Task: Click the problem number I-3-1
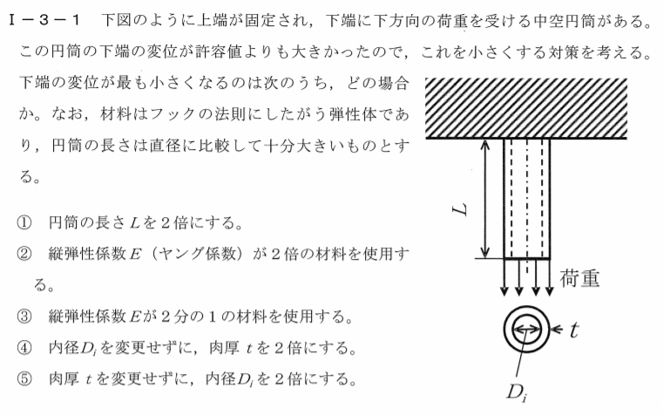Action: (44, 20)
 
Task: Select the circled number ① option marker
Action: (24, 222)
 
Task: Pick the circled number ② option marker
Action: (24, 254)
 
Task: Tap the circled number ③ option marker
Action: (24, 316)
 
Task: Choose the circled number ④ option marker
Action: (24, 348)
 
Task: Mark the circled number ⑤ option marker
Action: (24, 379)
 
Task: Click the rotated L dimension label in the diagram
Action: (461, 208)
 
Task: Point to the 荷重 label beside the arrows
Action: (579, 279)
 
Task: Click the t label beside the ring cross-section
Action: (573, 330)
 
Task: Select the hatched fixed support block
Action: (526, 108)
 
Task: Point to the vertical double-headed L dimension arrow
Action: (486, 199)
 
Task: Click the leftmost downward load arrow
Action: (504, 277)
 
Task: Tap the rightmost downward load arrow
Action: (549, 277)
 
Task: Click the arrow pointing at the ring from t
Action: (558, 330)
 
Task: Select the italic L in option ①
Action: (135, 222)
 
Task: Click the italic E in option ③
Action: (134, 316)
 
